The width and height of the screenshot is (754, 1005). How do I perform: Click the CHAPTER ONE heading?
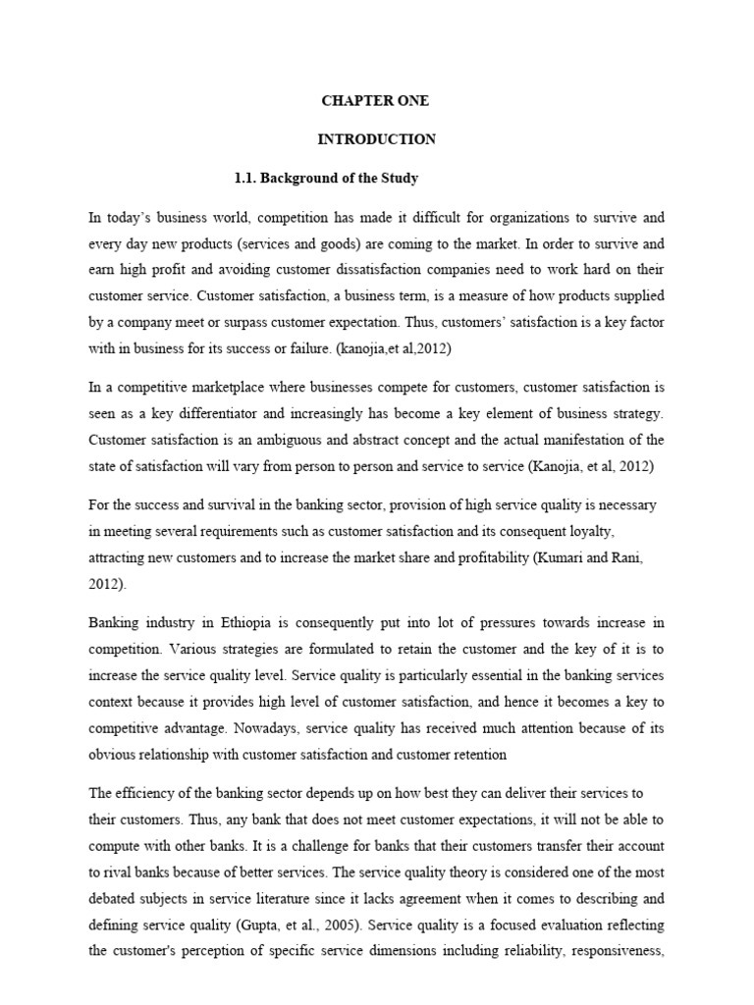click(x=376, y=101)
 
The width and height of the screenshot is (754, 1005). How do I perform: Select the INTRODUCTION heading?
click(x=376, y=139)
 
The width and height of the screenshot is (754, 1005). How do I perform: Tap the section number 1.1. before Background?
click(x=247, y=178)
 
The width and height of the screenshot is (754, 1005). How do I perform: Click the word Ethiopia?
click(x=261, y=622)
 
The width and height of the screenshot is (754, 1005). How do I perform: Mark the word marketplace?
click(x=221, y=389)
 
